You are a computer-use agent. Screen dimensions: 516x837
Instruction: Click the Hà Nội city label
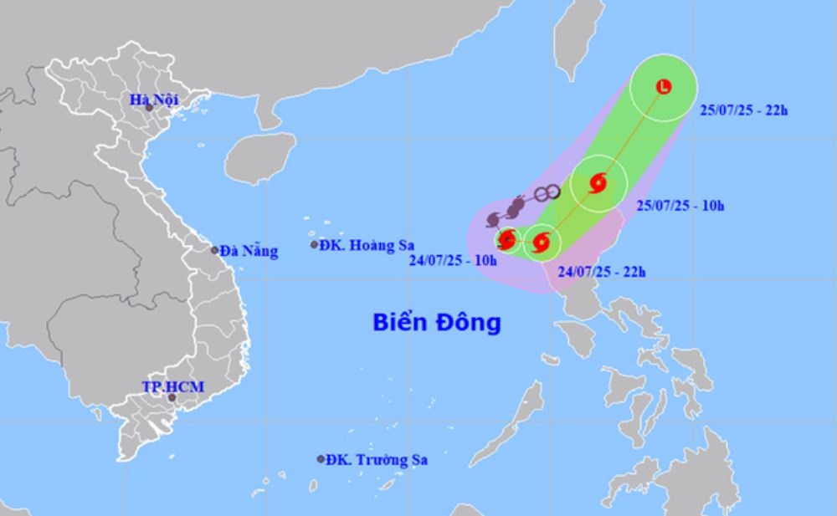pyautogui.click(x=155, y=100)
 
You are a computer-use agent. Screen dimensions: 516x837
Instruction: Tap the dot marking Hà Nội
pyautogui.click(x=149, y=107)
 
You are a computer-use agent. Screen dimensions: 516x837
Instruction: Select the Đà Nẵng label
pyautogui.click(x=249, y=250)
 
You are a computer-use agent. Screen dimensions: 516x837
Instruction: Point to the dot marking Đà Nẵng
pyautogui.click(x=215, y=250)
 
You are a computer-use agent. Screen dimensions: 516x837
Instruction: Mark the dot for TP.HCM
pyautogui.click(x=172, y=397)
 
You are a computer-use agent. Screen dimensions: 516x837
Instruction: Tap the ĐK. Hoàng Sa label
pyautogui.click(x=359, y=245)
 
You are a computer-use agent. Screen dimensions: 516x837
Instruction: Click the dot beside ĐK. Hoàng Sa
pyautogui.click(x=315, y=245)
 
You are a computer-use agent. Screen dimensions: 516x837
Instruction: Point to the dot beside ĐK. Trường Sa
pyautogui.click(x=321, y=459)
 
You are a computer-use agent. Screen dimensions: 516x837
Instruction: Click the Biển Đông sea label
pyautogui.click(x=437, y=322)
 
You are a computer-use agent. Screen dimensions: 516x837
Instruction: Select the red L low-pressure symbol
pyautogui.click(x=664, y=86)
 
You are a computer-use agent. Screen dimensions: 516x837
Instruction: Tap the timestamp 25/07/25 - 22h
pyautogui.click(x=743, y=110)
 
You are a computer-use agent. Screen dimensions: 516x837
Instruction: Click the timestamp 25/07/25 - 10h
pyautogui.click(x=680, y=205)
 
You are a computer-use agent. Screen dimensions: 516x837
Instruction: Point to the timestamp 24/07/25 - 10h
pyautogui.click(x=453, y=260)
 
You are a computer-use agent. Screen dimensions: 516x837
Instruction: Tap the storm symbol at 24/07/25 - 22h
pyautogui.click(x=541, y=244)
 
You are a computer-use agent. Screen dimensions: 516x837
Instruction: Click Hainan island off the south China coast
pyautogui.click(x=260, y=157)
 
